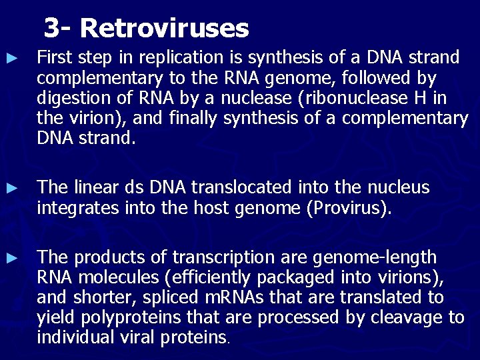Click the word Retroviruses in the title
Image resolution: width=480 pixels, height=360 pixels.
pos(164,28)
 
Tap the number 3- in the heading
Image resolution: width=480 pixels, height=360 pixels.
pos(58,28)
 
